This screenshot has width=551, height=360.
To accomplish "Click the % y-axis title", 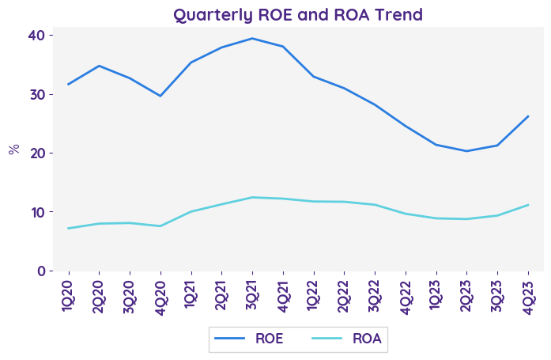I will [13, 149].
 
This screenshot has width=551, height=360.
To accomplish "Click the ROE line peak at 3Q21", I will [252, 38].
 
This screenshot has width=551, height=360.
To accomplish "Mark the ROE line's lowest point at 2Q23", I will [466, 151].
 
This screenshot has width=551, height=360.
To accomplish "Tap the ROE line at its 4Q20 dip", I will [160, 96].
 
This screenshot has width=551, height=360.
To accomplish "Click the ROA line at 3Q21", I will [252, 197].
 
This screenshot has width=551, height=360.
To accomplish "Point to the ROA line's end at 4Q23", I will [528, 205].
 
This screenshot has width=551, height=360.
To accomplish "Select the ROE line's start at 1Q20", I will [68, 84].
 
